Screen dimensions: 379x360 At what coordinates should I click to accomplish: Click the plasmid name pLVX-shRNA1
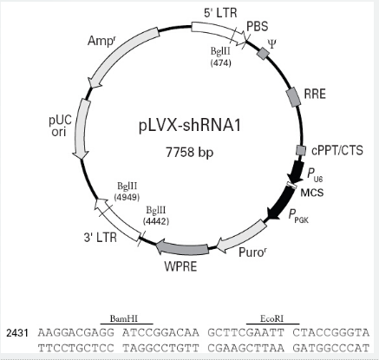click(x=190, y=126)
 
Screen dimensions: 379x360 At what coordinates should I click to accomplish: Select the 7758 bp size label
click(x=190, y=152)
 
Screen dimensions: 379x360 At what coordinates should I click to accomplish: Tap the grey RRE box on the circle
click(x=293, y=97)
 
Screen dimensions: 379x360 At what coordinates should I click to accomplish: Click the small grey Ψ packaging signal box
click(x=264, y=54)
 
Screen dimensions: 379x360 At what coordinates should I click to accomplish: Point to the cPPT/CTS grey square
click(x=301, y=150)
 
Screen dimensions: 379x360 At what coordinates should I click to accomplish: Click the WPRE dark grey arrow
click(x=182, y=248)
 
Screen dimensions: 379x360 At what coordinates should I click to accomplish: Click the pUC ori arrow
click(x=82, y=128)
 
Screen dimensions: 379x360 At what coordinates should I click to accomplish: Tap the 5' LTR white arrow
click(x=219, y=33)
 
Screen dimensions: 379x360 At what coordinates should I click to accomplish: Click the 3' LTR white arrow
click(x=117, y=219)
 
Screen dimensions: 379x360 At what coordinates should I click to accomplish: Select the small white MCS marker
click(x=291, y=185)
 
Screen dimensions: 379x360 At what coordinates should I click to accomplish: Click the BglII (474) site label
click(x=220, y=56)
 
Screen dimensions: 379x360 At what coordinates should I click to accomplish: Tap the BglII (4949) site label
click(x=127, y=192)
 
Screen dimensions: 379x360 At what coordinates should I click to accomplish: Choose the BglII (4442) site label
click(x=156, y=215)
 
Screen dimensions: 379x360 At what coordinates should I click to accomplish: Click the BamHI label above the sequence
click(x=124, y=318)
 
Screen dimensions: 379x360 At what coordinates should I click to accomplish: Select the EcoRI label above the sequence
click(x=272, y=318)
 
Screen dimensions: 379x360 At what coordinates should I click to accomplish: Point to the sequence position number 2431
click(x=17, y=333)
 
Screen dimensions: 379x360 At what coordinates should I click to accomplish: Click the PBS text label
click(x=258, y=26)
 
